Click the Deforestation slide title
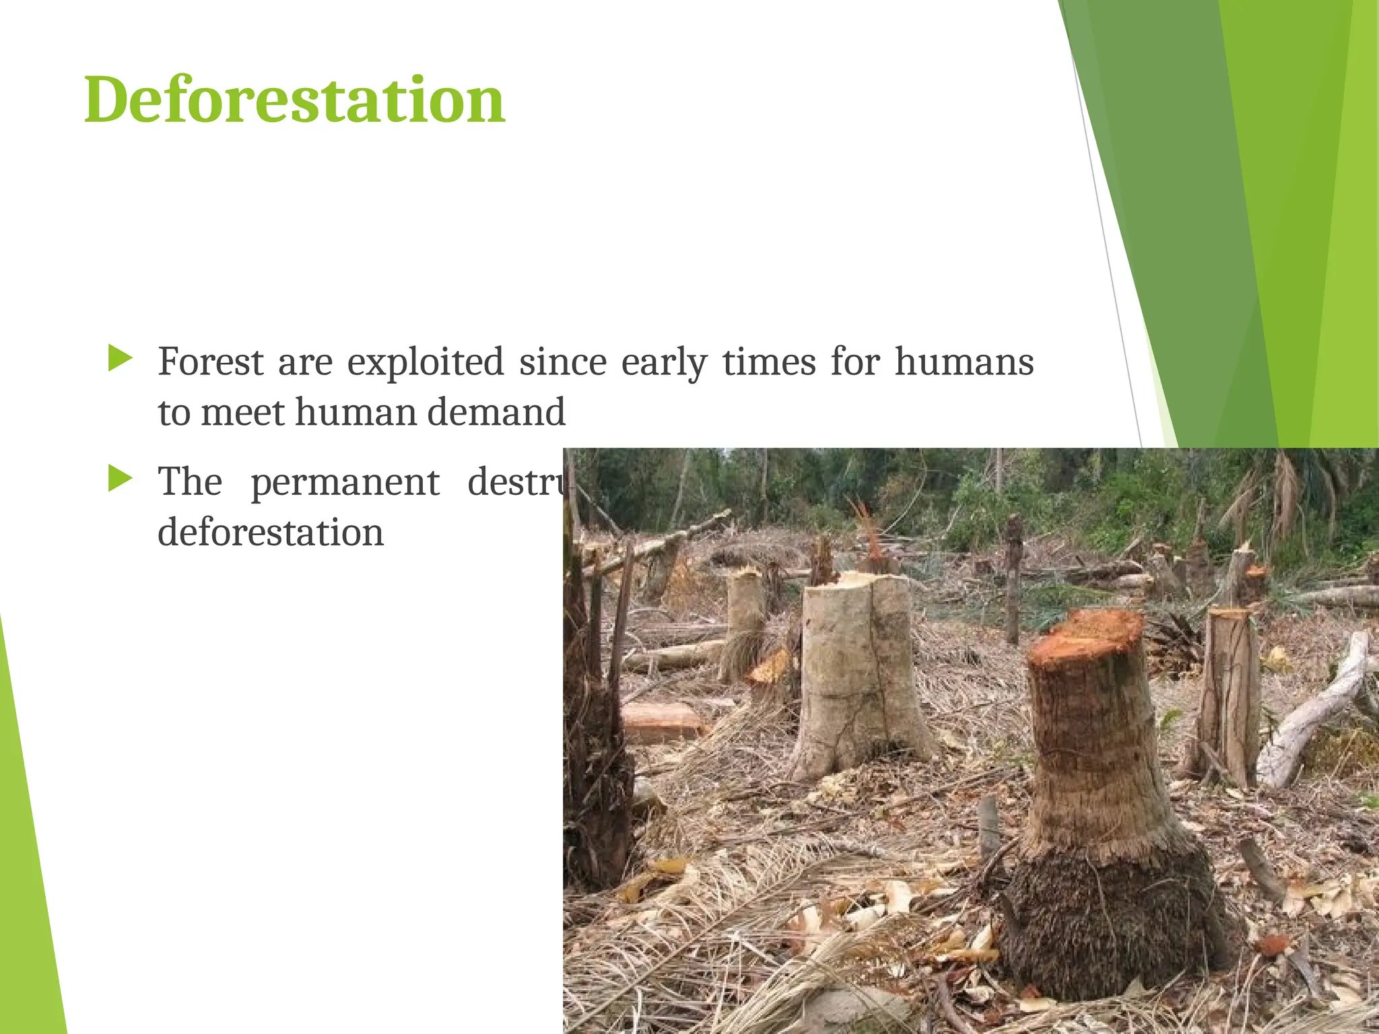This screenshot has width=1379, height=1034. coord(294,101)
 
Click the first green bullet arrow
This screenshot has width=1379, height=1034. coord(120,359)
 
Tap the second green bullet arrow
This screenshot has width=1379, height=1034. coord(120,479)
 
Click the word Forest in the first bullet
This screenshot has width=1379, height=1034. coord(211,362)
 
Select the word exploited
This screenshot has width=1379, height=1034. coord(425,362)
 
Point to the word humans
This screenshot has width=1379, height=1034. coord(964,362)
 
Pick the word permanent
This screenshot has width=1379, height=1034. coord(345,483)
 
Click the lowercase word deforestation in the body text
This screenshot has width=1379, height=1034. coord(271,532)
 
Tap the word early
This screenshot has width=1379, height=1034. coord(663,362)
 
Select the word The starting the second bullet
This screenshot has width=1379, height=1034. coord(190,483)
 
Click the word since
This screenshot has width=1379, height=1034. coord(562,362)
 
